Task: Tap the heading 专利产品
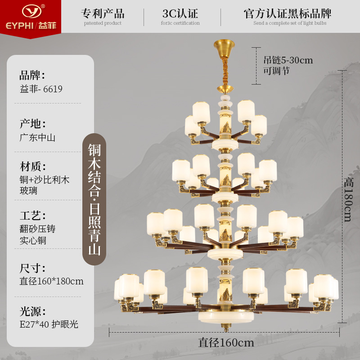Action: click(x=103, y=13)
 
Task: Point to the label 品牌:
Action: click(x=32, y=75)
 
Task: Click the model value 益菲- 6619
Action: click(x=41, y=89)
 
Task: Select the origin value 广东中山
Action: click(x=37, y=138)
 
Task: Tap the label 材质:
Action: click(x=32, y=167)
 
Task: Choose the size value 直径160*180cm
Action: click(x=51, y=281)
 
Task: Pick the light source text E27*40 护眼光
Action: click(x=49, y=324)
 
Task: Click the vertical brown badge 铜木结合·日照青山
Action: click(x=94, y=199)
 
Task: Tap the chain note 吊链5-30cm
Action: click(x=288, y=60)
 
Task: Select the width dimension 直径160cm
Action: click(x=226, y=342)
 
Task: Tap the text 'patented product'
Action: click(x=103, y=23)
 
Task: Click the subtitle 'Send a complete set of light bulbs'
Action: click(x=289, y=23)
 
